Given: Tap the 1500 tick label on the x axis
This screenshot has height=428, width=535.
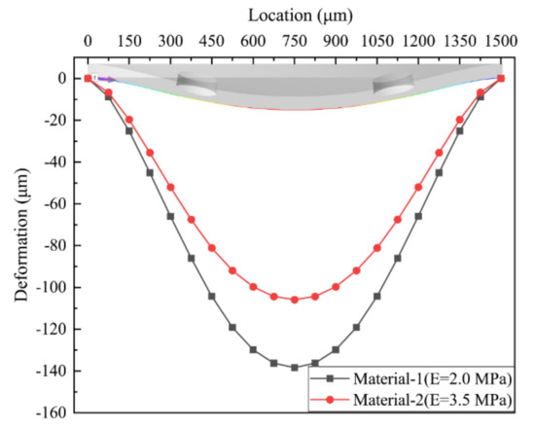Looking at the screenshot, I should pos(500,43).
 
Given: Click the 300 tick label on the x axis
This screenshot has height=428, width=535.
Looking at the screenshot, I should pos(170,43).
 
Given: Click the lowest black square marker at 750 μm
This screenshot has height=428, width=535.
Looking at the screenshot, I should pos(295,367).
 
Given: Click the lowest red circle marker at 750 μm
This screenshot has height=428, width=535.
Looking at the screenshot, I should pos(295,300).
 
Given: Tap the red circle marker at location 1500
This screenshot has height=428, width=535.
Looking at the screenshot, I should pos(501,78).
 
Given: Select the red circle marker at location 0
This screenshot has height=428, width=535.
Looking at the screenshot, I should pos(88,78).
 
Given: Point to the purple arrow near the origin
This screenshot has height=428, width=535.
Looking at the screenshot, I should pos(103,79).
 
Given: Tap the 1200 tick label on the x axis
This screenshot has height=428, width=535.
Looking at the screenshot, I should pos(417,43).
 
